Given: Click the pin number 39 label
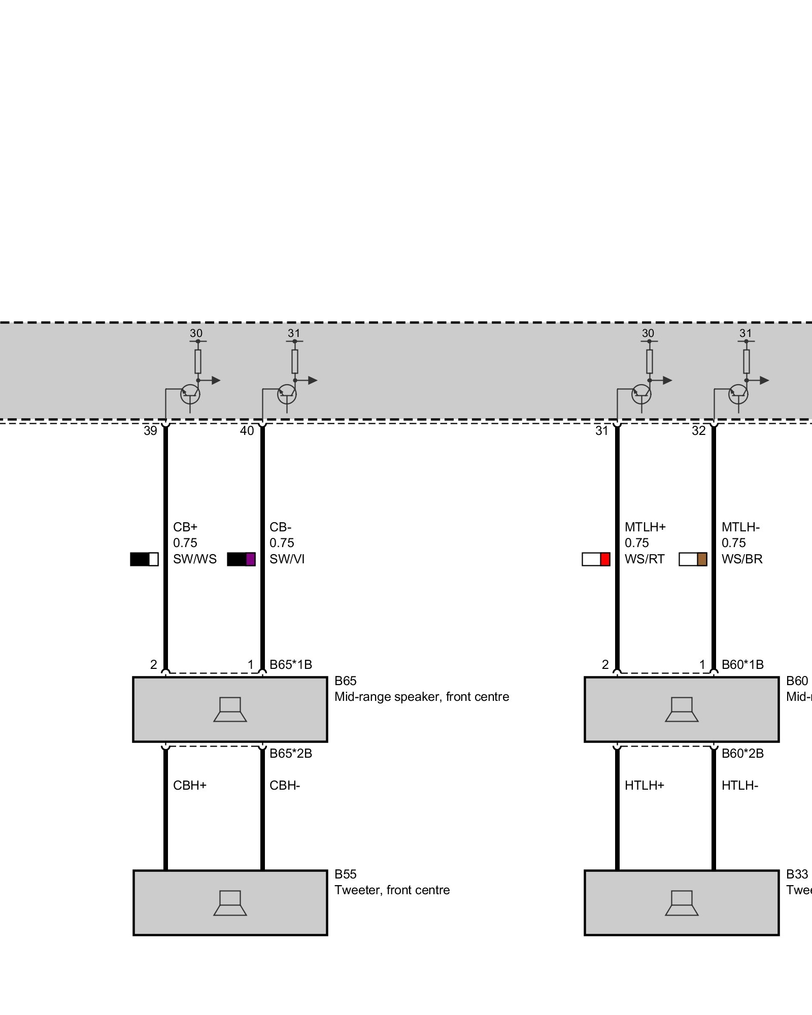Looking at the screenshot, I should tap(150, 431).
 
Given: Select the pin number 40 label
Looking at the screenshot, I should tap(247, 431).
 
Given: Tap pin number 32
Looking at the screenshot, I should tap(699, 431).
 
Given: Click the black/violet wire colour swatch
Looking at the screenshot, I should tap(241, 559).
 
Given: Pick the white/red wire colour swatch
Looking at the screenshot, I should tap(596, 559).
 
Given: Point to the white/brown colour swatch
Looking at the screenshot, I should tap(693, 559).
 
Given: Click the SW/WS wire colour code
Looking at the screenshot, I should tap(195, 559).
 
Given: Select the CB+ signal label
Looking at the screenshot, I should tap(185, 527).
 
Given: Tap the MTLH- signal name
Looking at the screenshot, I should tap(740, 527).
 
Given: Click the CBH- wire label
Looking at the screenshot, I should tap(285, 786).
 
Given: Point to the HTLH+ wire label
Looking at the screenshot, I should tap(645, 786).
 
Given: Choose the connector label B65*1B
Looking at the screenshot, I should tap(291, 665).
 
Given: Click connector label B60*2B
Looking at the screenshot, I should tap(742, 754).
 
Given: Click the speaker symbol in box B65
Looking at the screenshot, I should tap(230, 709).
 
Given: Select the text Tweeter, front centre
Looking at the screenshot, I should tap(392, 890).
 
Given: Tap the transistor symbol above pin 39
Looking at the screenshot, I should tap(190, 393).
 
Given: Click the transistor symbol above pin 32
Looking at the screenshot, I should tap(738, 393).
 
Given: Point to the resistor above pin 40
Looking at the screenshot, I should tap(295, 361).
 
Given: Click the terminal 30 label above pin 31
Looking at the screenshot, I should tap(648, 333).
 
